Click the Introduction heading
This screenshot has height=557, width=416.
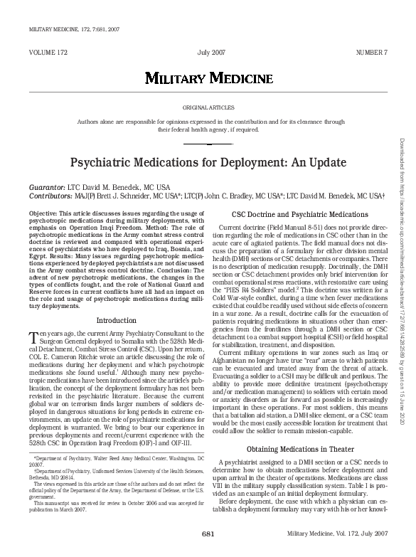click(x=116, y=321)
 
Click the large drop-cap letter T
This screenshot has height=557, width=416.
click(x=33, y=337)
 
